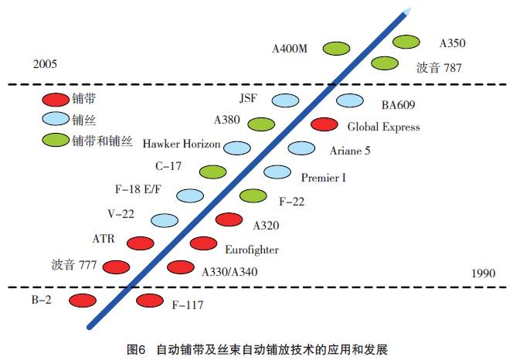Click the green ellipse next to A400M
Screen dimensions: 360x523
[336, 48]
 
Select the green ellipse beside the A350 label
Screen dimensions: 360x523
[406, 42]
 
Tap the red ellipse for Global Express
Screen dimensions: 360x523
[324, 124]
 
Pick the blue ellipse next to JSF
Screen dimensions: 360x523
[285, 100]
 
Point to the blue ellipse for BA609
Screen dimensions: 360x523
[349, 100]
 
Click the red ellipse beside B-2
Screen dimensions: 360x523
[83, 300]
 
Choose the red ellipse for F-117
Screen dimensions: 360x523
[149, 301]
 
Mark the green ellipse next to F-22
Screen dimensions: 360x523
[254, 196]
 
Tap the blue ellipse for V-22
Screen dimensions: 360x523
[165, 220]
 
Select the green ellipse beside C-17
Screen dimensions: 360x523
[213, 171]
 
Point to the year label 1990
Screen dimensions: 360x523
[482, 273]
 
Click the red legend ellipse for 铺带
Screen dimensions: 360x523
[55, 100]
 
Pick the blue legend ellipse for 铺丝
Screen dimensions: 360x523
[55, 120]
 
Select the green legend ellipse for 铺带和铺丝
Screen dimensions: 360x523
[55, 141]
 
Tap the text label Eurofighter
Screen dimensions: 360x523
[251, 250]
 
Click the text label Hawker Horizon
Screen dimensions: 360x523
[182, 144]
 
